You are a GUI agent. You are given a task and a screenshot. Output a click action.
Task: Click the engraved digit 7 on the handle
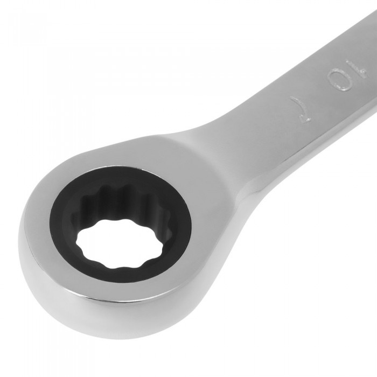pos(301,109)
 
